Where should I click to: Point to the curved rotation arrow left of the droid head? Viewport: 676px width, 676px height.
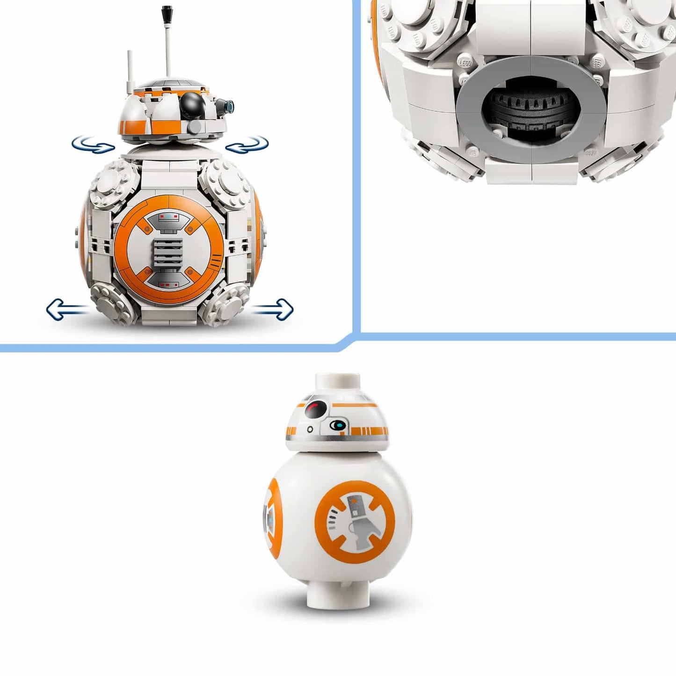coord(92,144)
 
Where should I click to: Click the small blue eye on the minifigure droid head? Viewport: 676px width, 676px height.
coord(337,425)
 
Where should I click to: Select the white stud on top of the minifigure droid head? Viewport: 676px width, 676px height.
coord(337,380)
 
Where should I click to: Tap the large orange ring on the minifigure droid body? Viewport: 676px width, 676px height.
coord(355,521)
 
